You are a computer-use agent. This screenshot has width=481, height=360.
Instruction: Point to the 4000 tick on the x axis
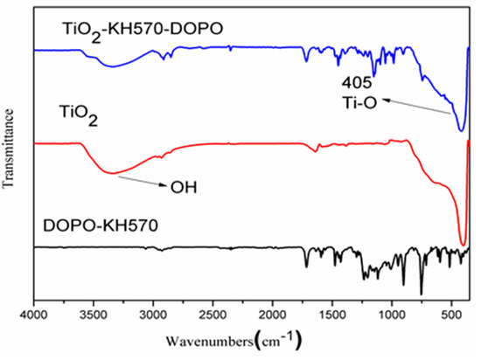pyautogui.click(x=34, y=312)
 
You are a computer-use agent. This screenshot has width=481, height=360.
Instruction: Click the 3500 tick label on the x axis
pyautogui.click(x=94, y=312)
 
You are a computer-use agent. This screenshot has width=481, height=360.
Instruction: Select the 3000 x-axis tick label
pyautogui.click(x=153, y=312)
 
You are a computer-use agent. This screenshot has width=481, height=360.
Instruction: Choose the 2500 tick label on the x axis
pyautogui.click(x=213, y=312)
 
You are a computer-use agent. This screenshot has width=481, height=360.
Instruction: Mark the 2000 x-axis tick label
pyautogui.click(x=272, y=312)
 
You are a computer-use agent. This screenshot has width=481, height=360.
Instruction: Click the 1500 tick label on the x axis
pyautogui.click(x=331, y=312)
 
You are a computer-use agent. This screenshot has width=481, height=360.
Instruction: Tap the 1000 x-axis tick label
pyautogui.click(x=391, y=312)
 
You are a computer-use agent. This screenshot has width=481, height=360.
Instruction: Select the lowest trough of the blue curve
pyautogui.click(x=461, y=130)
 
